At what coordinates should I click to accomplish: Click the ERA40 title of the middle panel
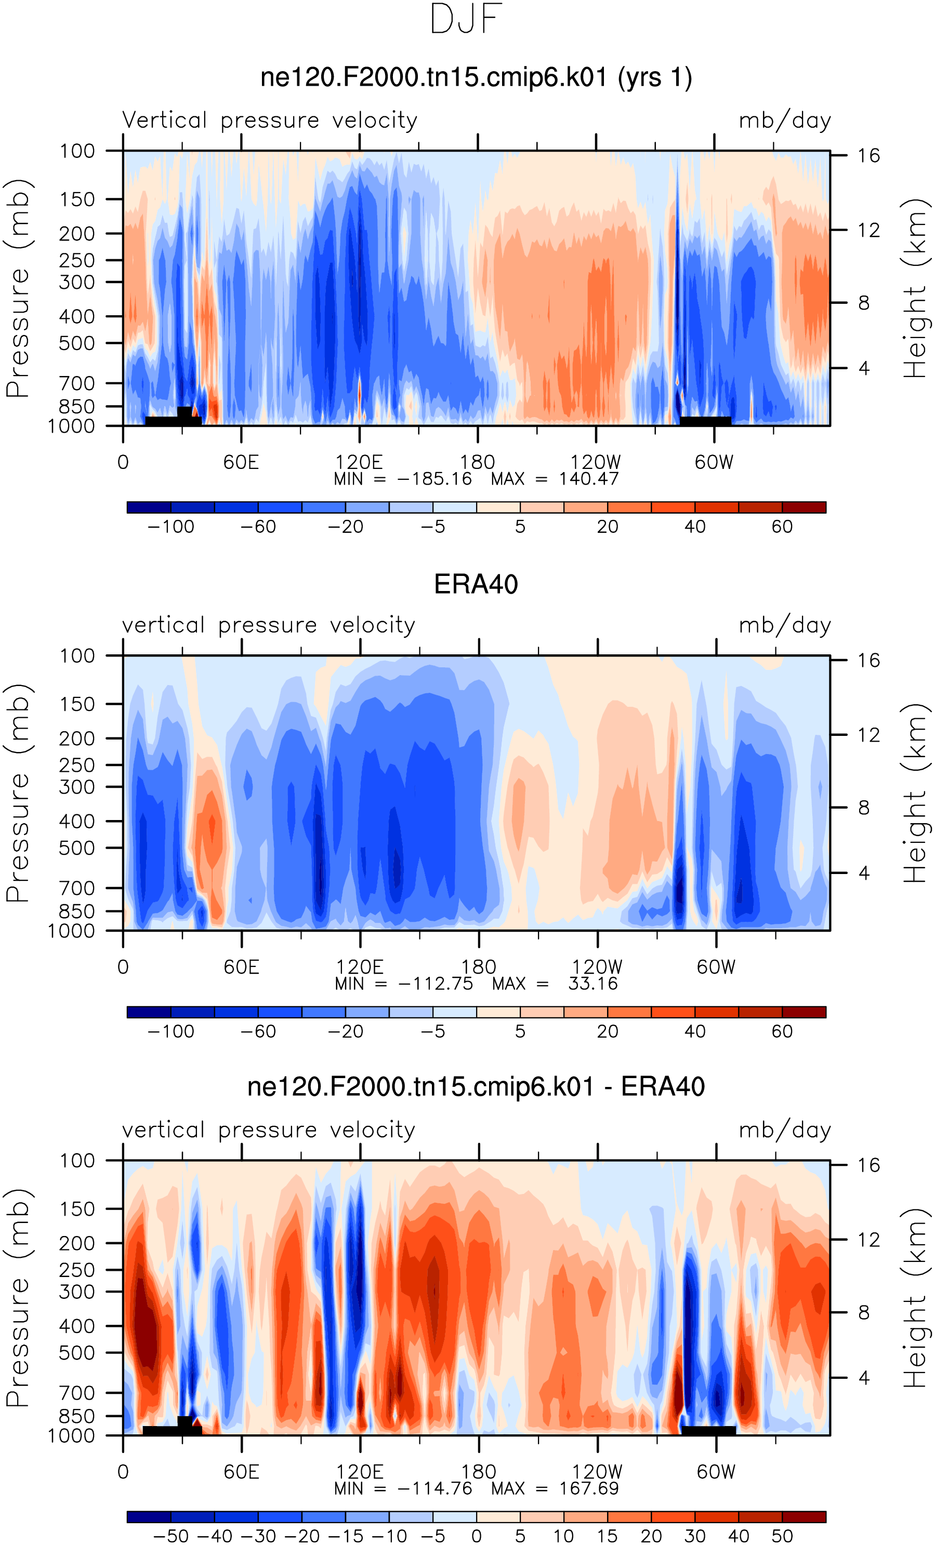476,584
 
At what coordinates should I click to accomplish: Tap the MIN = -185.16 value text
402,479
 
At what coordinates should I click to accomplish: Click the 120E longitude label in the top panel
359,462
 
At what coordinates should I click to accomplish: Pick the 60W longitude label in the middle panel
716,967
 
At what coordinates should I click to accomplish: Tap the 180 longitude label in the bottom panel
479,1471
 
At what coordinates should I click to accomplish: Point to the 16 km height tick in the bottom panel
868,1165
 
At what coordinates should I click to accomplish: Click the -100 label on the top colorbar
170,527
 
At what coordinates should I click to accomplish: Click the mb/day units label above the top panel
785,120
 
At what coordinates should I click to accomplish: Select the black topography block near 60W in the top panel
705,421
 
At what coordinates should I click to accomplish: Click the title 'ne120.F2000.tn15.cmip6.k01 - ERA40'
476,1086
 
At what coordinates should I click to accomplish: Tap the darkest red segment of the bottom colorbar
804,1517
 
